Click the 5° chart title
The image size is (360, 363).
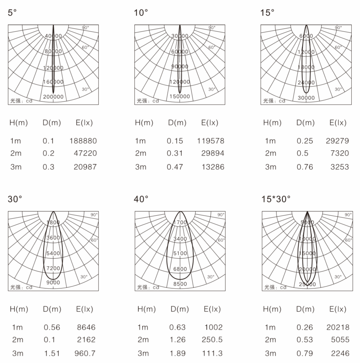[12, 12]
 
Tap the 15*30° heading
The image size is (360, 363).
[276, 199]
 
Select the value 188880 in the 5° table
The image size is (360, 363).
[83, 141]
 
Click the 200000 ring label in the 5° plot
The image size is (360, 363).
[53, 97]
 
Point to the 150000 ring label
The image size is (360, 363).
[180, 96]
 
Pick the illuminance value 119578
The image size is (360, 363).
[211, 141]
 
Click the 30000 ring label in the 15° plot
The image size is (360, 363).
[306, 98]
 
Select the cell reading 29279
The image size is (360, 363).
[337, 141]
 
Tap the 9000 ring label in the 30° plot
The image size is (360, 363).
[53, 282]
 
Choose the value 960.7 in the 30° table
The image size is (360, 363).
[85, 353]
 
